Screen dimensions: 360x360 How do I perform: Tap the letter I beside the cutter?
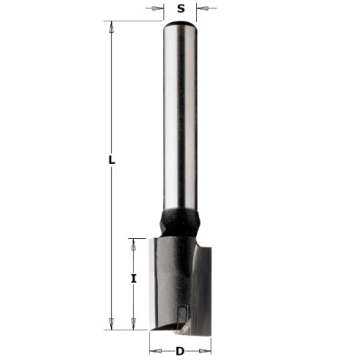tap(134, 280)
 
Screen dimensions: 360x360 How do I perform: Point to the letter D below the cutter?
tap(179, 352)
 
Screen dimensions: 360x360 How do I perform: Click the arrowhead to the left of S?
tap(159, 9)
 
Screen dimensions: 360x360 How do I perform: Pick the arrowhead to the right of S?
tap(201, 9)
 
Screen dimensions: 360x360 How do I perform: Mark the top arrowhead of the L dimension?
tap(112, 26)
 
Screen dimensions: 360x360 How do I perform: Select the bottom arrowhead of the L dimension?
tap(112, 322)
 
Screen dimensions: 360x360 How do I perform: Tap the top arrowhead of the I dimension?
tap(134, 242)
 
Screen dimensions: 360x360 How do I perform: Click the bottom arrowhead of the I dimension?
tap(134, 322)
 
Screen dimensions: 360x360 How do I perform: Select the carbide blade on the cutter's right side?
tap(201, 283)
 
